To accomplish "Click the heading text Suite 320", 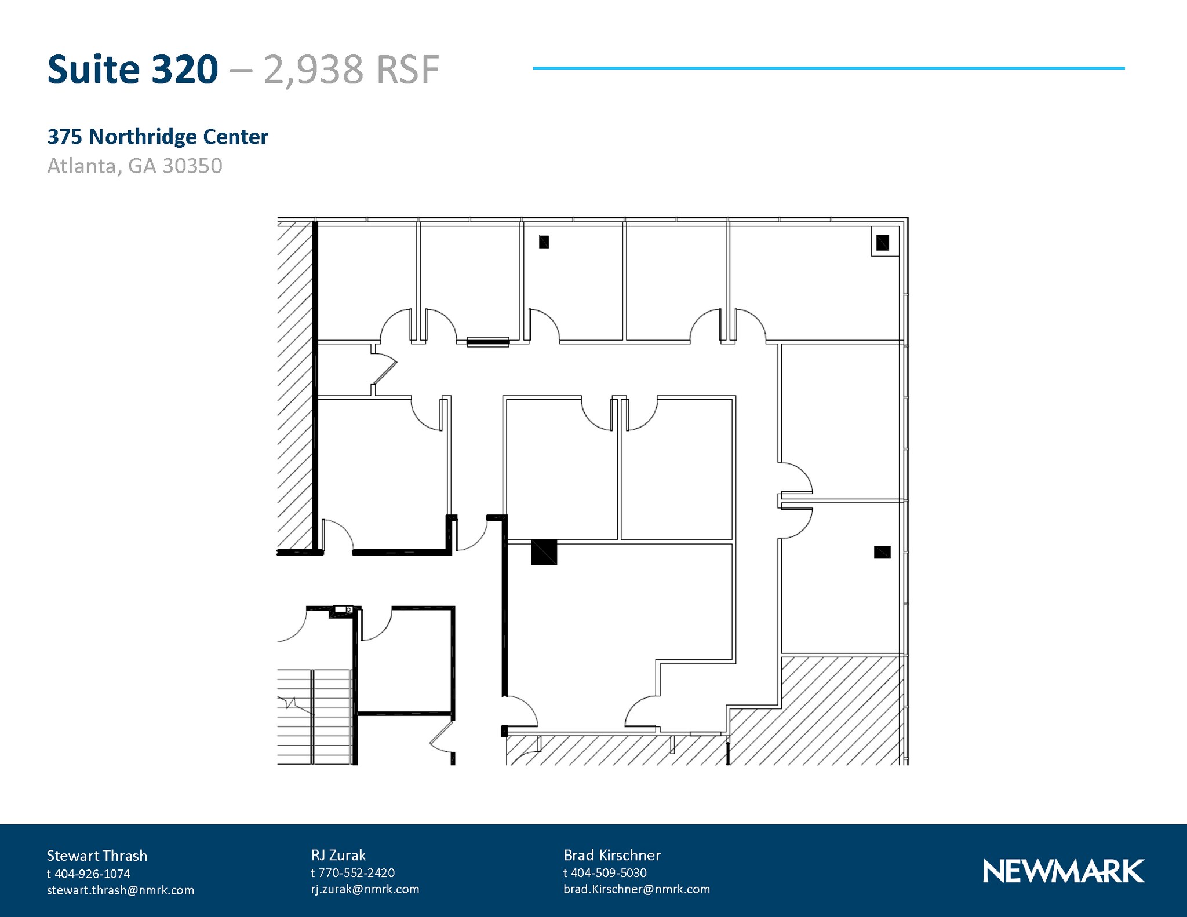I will click(132, 70).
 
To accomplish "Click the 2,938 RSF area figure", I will click(351, 70).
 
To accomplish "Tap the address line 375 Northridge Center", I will click(157, 137).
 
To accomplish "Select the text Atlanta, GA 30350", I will click(134, 166).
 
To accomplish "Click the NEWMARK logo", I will click(1063, 871).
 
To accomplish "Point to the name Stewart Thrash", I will click(97, 856).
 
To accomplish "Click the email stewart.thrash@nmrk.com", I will click(121, 890).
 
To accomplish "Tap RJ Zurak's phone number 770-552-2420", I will click(356, 872).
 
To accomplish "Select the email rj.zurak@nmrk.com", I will click(365, 889).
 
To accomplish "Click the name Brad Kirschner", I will click(611, 855).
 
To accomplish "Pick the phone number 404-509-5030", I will click(608, 872).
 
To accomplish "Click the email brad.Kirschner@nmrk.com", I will click(636, 889).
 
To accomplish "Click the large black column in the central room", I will click(544, 552).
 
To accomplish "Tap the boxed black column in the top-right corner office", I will click(882, 242).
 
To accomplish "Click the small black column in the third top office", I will click(544, 242).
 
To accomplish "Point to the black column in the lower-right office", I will click(882, 552).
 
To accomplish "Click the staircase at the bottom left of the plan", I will click(315, 717).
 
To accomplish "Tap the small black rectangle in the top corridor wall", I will click(488, 342).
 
